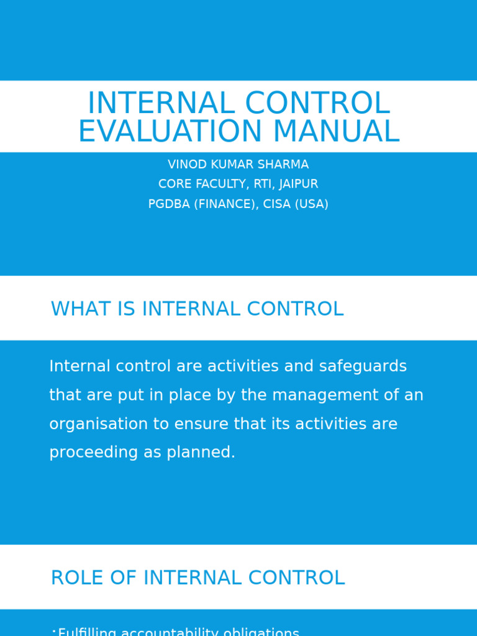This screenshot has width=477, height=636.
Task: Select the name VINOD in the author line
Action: (186, 165)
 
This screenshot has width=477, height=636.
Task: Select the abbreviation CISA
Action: (278, 204)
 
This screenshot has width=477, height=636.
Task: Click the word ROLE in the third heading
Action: (73, 578)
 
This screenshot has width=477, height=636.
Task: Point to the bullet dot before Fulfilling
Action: (54, 631)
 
